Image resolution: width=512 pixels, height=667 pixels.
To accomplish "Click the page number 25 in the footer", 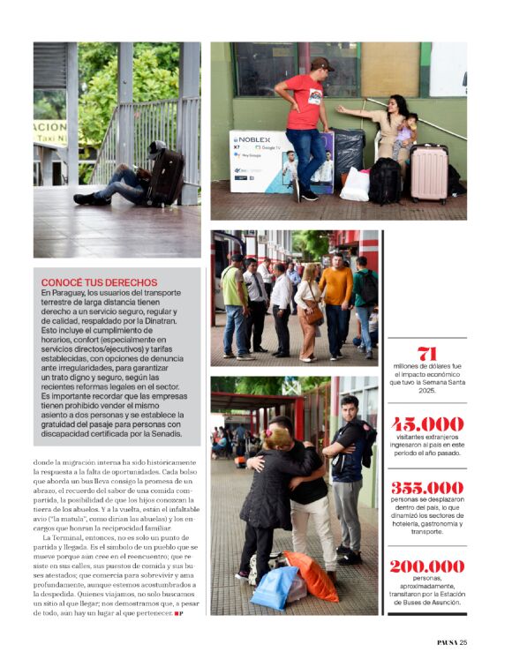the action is [463, 641].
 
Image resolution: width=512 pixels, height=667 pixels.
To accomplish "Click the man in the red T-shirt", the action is [307, 119].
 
